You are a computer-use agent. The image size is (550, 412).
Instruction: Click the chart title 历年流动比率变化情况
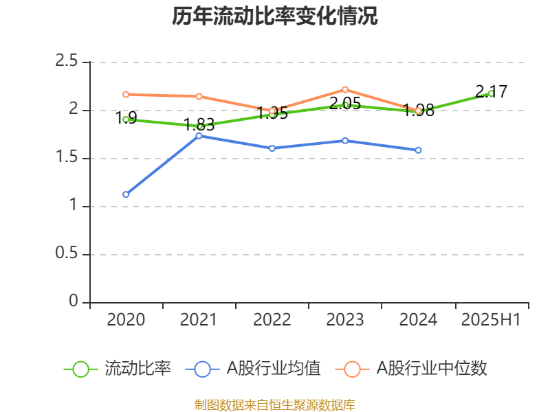[275, 16]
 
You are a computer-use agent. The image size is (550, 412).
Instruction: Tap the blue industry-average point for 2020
[126, 194]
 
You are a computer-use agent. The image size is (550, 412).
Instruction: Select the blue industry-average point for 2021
[199, 136]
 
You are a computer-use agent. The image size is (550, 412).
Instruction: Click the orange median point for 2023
[345, 89]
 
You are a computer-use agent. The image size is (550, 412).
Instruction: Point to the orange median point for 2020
[126, 94]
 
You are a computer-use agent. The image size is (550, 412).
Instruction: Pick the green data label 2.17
[491, 91]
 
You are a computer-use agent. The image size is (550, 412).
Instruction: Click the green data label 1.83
[199, 125]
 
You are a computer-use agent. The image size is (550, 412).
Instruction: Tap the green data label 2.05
[345, 104]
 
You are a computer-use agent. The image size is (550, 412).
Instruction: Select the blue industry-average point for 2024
[418, 150]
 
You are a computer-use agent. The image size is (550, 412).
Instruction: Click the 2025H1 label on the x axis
[491, 319]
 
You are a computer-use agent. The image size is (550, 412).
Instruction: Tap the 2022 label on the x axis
[272, 319]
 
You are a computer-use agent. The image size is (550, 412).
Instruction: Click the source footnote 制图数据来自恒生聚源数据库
[275, 404]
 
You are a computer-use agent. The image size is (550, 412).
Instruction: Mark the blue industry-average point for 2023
[345, 140]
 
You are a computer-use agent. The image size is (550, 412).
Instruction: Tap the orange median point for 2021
[199, 96]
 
